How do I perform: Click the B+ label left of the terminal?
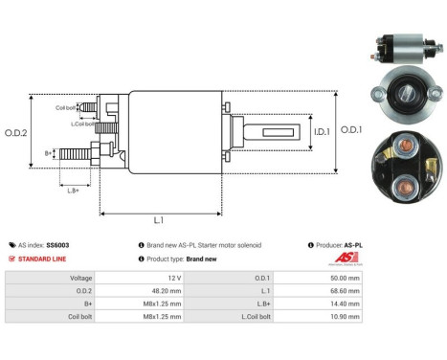[49, 152]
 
